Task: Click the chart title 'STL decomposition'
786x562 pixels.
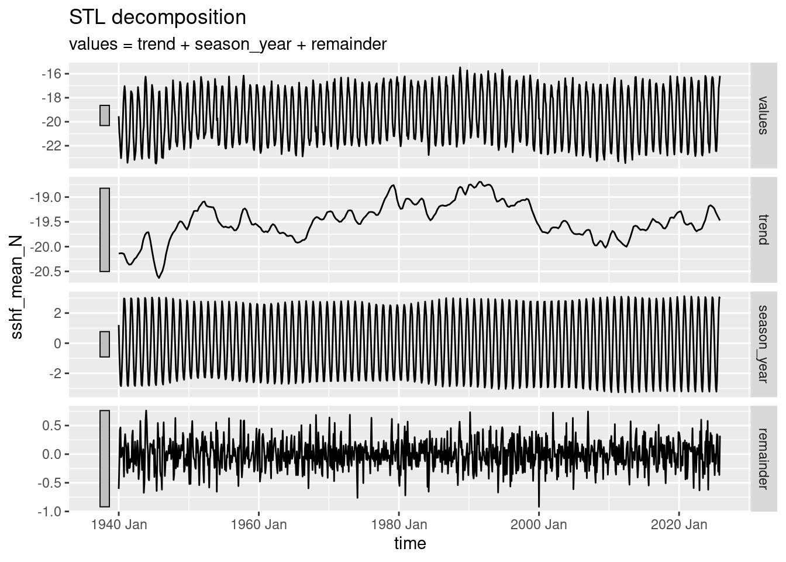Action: tap(157, 18)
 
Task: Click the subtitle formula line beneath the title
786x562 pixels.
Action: tap(227, 44)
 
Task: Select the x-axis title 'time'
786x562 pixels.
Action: tap(410, 543)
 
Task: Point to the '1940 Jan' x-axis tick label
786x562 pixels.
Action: tap(119, 525)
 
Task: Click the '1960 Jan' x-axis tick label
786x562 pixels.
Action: tap(258, 525)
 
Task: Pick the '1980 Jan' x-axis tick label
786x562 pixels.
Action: tap(398, 525)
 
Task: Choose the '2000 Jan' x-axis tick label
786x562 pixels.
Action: tap(539, 525)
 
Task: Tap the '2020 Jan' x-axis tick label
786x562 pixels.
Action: tap(678, 525)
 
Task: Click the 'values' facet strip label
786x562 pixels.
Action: tap(762, 115)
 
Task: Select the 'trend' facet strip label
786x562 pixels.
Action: tap(762, 229)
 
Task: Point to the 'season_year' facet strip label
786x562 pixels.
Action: tap(762, 344)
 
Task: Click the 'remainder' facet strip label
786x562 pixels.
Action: tap(762, 458)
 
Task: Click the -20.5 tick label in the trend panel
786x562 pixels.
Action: tap(47, 272)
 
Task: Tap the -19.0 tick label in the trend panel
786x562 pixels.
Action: tap(47, 197)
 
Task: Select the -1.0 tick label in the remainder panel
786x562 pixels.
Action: tap(50, 512)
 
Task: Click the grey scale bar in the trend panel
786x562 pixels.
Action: tap(105, 230)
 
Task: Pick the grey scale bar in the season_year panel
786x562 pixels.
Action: tap(105, 344)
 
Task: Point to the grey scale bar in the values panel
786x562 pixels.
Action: tap(105, 115)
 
